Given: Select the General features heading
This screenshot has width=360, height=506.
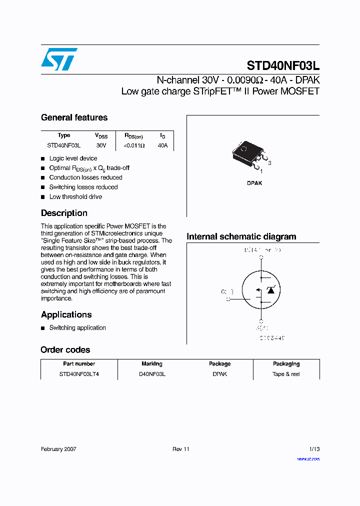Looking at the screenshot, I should [74, 117].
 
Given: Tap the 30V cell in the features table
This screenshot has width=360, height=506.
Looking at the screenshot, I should [101, 145].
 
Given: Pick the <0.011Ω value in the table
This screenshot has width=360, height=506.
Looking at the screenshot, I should [134, 145].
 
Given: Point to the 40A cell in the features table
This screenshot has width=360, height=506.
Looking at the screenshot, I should [162, 145].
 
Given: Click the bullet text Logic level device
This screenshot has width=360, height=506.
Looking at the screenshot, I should [73, 158].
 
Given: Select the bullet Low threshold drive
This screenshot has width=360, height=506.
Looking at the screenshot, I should [75, 197].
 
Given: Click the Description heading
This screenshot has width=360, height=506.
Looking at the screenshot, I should [64, 213].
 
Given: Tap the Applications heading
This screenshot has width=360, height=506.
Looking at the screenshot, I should [66, 314].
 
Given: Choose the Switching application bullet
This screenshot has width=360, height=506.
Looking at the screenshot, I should [77, 328].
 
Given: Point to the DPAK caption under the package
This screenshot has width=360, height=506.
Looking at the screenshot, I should [254, 183].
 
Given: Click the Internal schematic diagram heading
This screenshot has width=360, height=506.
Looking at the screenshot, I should [241, 236].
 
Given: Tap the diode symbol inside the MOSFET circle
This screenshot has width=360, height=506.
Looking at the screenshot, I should [271, 290].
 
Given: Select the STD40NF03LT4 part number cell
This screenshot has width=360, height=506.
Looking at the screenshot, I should [79, 374].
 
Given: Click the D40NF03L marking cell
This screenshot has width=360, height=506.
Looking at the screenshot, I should [152, 374].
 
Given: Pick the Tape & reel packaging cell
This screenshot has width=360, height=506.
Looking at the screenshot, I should [286, 374].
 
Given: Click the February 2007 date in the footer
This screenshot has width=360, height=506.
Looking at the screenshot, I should [58, 449].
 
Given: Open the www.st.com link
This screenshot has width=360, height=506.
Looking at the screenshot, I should [308, 458].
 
